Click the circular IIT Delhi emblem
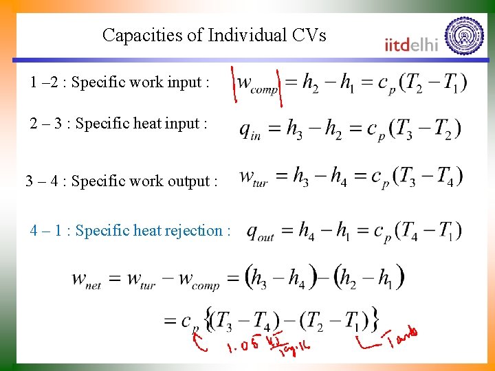[x=464, y=36]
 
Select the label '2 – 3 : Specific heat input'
[x=118, y=124]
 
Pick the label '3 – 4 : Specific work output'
[x=121, y=181]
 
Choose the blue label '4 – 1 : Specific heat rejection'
[x=130, y=231]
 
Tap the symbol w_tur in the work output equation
[x=252, y=177]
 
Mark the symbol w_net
[x=89, y=280]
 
